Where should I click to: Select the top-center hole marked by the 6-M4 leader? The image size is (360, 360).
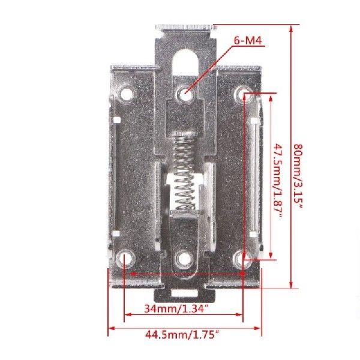point(185,93)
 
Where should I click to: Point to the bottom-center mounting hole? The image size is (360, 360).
point(184,259)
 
